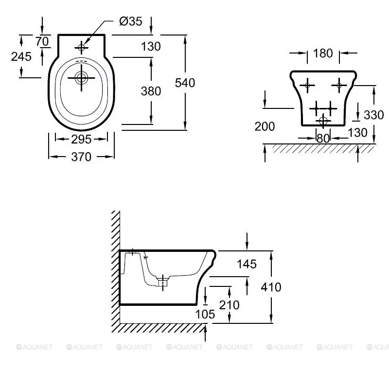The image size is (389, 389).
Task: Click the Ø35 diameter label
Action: [x=131, y=22]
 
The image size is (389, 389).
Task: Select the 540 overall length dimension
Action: [x=185, y=83]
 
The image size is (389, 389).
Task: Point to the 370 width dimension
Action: [x=82, y=157]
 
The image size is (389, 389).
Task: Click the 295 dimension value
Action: [x=81, y=140]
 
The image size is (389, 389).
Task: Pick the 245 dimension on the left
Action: [x=21, y=56]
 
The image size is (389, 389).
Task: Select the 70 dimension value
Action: [x=43, y=42]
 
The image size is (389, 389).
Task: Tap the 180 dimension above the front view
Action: [x=323, y=53]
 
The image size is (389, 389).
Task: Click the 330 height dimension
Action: [x=373, y=115]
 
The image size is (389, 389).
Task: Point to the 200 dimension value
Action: [x=265, y=127]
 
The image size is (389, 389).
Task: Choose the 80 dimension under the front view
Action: [x=323, y=139]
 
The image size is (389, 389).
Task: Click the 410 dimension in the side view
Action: [x=271, y=287]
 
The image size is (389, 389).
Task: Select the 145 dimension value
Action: [x=247, y=264]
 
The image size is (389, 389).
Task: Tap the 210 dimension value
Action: [x=229, y=305]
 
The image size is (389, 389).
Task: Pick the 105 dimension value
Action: [x=205, y=315]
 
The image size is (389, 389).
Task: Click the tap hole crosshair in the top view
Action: [x=81, y=47]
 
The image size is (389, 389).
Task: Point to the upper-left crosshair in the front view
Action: [x=306, y=86]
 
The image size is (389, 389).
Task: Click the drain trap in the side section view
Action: [x=164, y=282]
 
